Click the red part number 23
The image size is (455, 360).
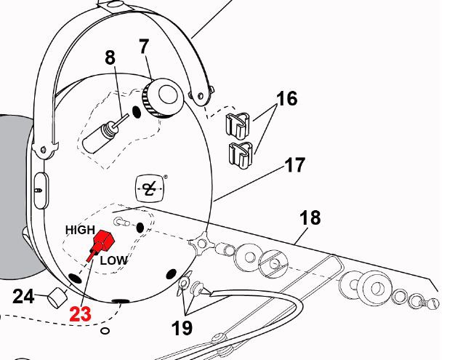point(80,315)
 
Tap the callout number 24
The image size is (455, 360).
point(25,296)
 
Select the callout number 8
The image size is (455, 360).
point(110,57)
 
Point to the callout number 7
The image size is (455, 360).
point(144,46)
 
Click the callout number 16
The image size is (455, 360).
point(287,98)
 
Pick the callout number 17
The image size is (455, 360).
point(294,165)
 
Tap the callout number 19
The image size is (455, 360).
point(182,327)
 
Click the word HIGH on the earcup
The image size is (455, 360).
point(81,229)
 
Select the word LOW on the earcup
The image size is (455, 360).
point(113,260)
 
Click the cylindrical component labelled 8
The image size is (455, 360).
point(98,136)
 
